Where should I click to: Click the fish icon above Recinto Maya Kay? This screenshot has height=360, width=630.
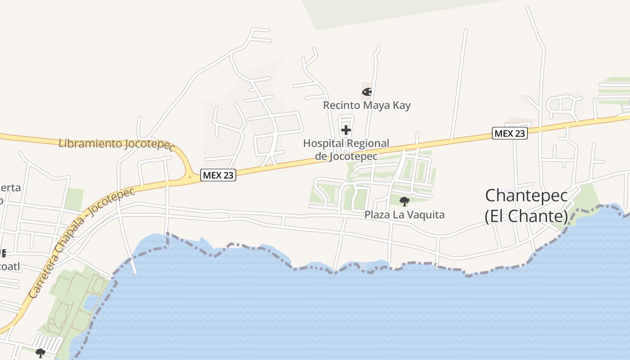367,92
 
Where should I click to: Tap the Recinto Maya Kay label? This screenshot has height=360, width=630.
367,105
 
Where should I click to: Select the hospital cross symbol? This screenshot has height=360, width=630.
346,130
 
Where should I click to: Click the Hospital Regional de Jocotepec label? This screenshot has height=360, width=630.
346,150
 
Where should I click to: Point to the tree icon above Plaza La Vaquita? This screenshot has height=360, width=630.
404,201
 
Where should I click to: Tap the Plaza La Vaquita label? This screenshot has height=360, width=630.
404,215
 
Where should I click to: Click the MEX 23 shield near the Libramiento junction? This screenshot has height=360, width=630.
218,175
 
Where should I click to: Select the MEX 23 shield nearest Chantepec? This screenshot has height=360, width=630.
509,133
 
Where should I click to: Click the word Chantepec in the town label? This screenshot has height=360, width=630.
526,196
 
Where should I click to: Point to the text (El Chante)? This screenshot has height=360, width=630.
526,216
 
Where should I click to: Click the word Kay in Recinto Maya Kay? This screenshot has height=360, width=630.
402,105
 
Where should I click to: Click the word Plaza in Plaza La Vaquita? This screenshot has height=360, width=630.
376,215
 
